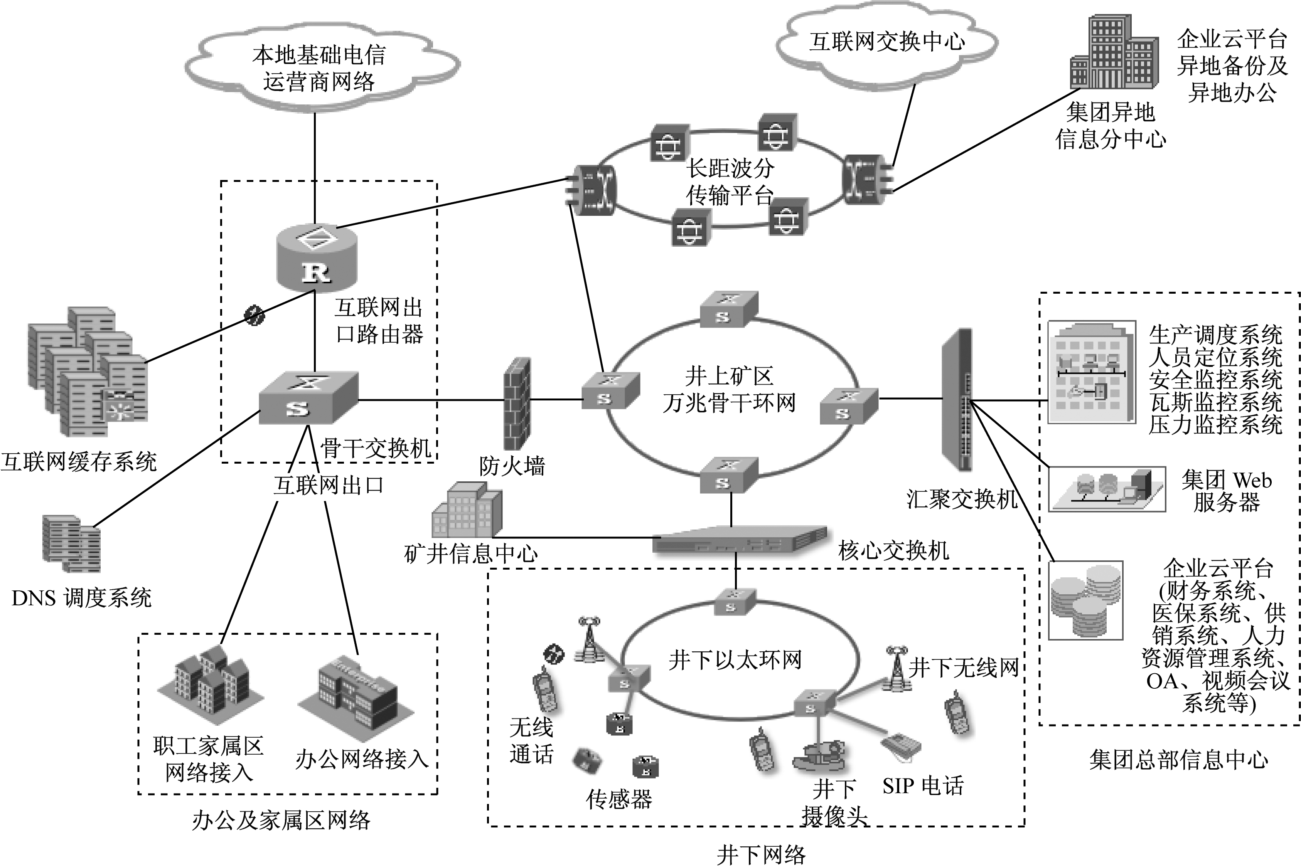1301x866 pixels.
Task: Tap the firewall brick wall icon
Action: tap(517, 404)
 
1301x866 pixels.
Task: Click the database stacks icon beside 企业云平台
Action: tap(1085, 600)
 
